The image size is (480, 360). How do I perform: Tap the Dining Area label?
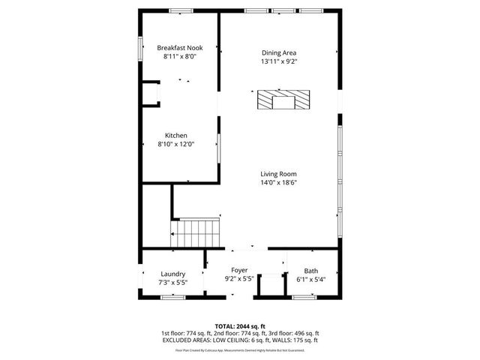(x=278, y=52)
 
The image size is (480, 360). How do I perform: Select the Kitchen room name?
(x=176, y=136)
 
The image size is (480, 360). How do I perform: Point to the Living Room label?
(x=279, y=174)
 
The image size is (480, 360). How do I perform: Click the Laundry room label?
(x=173, y=274)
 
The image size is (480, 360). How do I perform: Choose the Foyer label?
(x=239, y=270)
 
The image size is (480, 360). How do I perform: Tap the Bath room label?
(x=310, y=271)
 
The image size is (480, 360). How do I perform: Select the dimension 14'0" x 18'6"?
(x=279, y=182)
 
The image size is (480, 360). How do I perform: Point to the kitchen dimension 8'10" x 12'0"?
(x=176, y=144)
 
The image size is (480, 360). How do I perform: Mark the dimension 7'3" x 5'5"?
(x=173, y=283)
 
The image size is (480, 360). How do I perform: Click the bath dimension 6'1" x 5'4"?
(x=310, y=279)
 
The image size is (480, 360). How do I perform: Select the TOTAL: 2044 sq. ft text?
(x=239, y=326)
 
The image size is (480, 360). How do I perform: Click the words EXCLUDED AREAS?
(x=184, y=340)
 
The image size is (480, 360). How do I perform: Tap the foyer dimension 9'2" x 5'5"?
(x=239, y=278)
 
